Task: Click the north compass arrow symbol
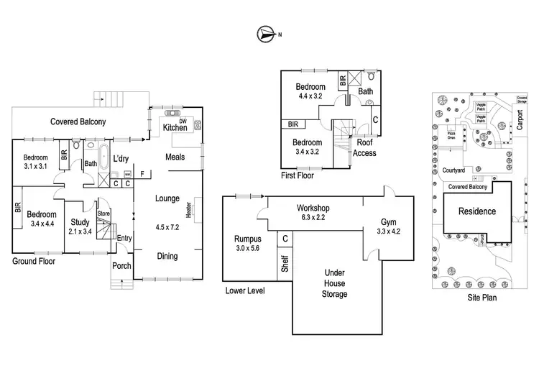tap(265, 33)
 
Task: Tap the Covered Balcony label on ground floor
tap(78, 121)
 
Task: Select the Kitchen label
tap(175, 128)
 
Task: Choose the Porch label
tap(121, 266)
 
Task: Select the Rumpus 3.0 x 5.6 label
tap(248, 243)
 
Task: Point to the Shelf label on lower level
tap(285, 263)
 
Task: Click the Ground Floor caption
tap(34, 262)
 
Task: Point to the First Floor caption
tap(297, 175)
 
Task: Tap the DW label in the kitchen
tap(183, 121)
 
